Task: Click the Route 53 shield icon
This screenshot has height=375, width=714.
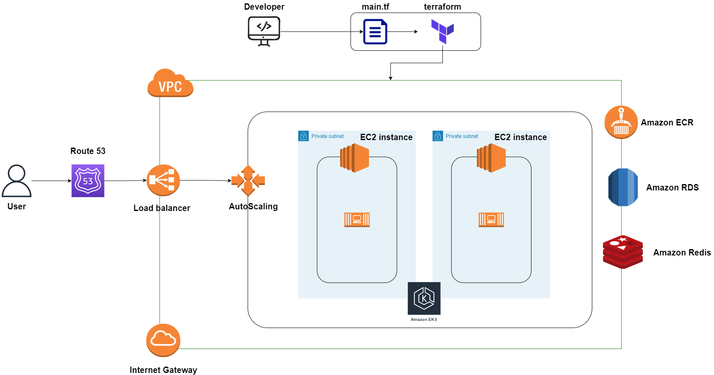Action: tap(88, 181)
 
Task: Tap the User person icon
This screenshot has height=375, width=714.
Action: tap(17, 181)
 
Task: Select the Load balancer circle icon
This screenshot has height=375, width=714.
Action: tap(163, 180)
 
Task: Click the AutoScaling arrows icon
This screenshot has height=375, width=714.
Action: tap(248, 181)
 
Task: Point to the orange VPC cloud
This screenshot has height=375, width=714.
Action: tap(170, 83)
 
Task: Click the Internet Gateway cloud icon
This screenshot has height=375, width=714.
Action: tap(163, 340)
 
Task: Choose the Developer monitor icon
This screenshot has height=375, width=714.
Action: tap(264, 31)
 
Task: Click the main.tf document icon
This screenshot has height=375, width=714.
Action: tap(375, 31)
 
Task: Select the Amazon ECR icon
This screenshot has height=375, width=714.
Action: tap(621, 122)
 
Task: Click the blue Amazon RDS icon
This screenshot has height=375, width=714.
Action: tap(623, 187)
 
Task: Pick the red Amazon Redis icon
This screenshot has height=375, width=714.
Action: tap(623, 252)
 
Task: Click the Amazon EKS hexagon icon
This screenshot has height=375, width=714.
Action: tap(424, 298)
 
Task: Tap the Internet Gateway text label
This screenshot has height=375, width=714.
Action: tap(163, 370)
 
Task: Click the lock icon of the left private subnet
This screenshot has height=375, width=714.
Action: tap(303, 136)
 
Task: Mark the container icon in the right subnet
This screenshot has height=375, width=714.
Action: tap(491, 219)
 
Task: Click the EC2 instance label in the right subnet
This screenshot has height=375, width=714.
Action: tap(520, 137)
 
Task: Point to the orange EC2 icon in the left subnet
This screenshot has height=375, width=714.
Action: tap(355, 158)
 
